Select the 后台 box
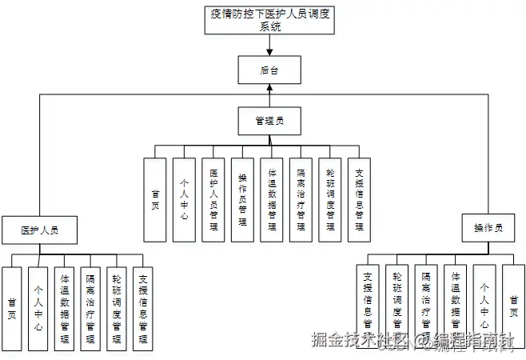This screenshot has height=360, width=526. pos(269,70)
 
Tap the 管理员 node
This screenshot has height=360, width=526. pos(269,121)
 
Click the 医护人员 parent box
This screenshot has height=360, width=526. pos(39,230)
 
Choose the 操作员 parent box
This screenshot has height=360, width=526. pos(488,228)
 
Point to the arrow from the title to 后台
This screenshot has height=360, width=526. pos(269,46)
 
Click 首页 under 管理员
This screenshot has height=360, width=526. pos(154,199)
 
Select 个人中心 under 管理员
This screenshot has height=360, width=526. pos(184,199)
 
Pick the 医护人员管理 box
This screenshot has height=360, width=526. pos(213,199)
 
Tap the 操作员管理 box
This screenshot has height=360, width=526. pos(242,199)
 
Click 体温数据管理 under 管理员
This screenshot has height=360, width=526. pos(272,199)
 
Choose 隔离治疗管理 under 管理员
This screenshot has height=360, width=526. pos(301,199)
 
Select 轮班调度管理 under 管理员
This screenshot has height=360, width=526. pos(330,199)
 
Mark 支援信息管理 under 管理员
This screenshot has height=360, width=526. pos(359,199)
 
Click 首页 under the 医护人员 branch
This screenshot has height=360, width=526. pos(12,308)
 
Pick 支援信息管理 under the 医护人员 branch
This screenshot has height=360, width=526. pos(143,308)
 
